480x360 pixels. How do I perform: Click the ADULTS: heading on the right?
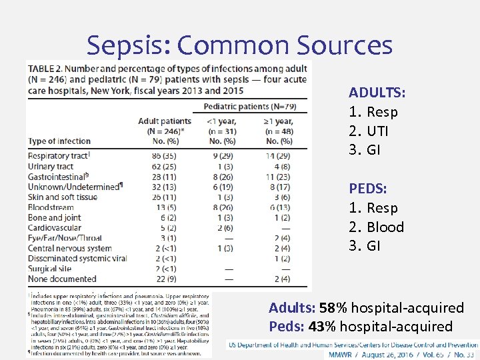click(377, 93)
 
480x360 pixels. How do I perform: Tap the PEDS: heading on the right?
click(367, 189)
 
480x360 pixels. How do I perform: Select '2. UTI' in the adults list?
click(369, 131)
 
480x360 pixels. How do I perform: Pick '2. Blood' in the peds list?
click(376, 227)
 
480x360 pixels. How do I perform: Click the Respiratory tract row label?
click(59, 155)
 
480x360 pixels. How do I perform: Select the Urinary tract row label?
click(51, 166)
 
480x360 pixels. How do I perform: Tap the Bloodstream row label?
click(51, 207)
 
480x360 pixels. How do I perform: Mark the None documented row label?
click(57, 279)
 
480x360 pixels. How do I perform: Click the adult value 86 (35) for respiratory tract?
click(164, 155)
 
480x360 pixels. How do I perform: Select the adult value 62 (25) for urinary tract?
click(164, 166)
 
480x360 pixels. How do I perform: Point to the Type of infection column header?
click(60, 141)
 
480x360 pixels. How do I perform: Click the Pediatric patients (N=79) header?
click(250, 107)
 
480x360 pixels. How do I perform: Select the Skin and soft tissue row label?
click(63, 197)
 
